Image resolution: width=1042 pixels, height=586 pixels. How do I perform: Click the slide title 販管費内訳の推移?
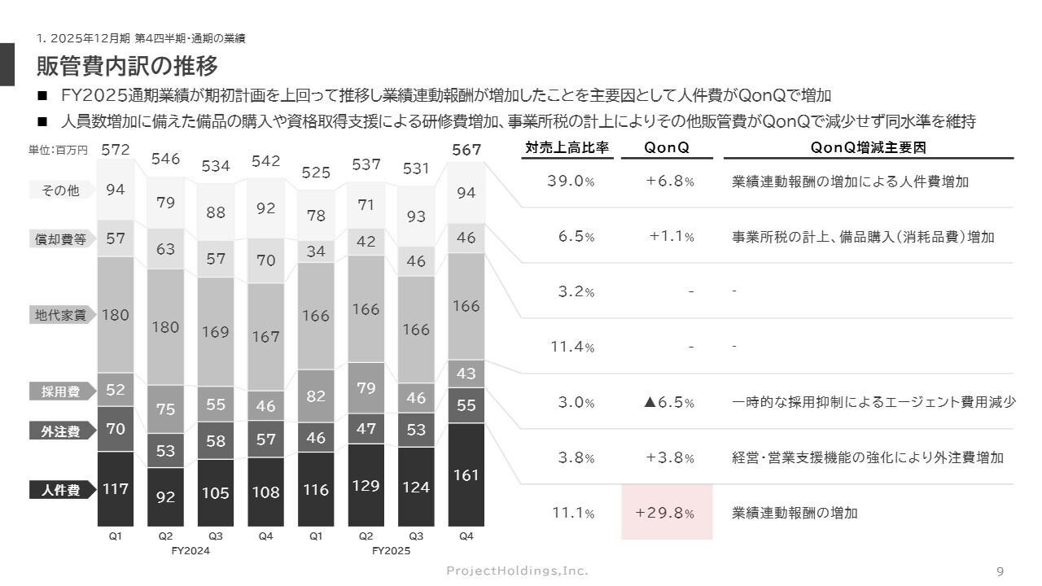click(x=127, y=64)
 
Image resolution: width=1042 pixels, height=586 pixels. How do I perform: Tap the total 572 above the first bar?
click(x=116, y=150)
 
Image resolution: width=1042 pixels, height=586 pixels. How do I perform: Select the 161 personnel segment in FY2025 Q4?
click(x=466, y=474)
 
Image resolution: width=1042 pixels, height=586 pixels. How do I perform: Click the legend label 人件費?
click(x=61, y=490)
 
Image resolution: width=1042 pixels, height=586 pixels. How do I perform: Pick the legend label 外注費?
click(x=61, y=431)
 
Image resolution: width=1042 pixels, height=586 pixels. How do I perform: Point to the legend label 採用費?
click(x=61, y=391)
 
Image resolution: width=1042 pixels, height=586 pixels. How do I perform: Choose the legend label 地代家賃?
click(x=61, y=315)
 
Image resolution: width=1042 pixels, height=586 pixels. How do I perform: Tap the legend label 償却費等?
click(x=61, y=239)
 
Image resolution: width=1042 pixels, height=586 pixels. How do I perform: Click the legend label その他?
click(x=61, y=190)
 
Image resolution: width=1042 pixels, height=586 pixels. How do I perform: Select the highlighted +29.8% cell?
click(x=667, y=513)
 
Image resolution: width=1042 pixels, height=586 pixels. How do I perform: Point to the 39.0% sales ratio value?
click(x=571, y=181)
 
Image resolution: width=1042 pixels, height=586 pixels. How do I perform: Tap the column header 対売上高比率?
click(x=567, y=148)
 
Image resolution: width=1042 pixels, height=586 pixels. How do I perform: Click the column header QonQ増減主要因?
click(x=868, y=148)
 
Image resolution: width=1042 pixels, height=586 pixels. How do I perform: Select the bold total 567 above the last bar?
click(x=466, y=150)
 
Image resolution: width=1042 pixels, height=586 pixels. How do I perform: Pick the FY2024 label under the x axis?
click(x=191, y=551)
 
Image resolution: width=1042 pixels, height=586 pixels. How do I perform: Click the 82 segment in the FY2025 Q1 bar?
click(x=316, y=396)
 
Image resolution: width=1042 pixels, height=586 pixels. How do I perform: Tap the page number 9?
click(x=1000, y=571)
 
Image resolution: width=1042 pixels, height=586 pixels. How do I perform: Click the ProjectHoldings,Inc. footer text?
click(x=517, y=571)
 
